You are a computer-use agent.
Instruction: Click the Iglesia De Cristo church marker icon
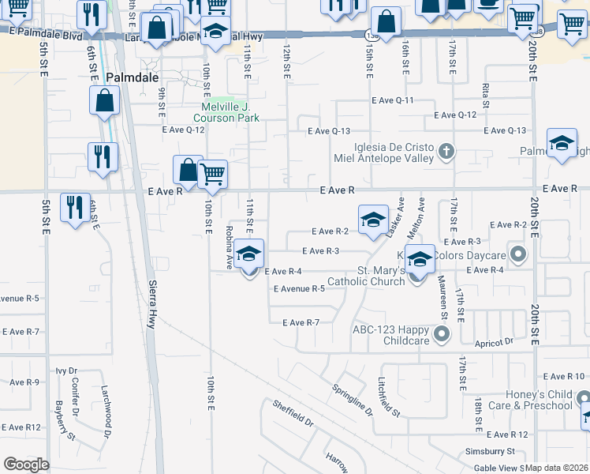446,150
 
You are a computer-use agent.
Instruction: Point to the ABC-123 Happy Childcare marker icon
441,335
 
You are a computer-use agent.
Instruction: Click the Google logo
26,465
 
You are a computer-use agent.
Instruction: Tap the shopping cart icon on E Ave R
212,174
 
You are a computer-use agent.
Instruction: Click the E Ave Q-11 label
394,100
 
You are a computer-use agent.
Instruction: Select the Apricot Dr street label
495,343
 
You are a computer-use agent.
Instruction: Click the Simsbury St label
489,451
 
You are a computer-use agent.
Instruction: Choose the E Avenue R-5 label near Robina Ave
299,289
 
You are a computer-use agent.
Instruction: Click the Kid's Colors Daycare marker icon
518,255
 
